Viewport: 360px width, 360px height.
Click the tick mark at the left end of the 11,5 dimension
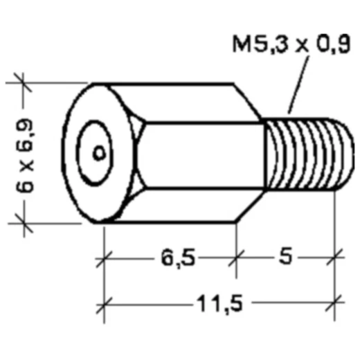[104, 303]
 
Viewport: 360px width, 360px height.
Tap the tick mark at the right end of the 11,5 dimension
[337, 303]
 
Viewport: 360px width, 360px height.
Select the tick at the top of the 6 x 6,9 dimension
[24, 83]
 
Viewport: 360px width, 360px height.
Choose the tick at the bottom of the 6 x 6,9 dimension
[24, 223]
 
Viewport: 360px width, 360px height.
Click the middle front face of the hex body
[201, 154]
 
